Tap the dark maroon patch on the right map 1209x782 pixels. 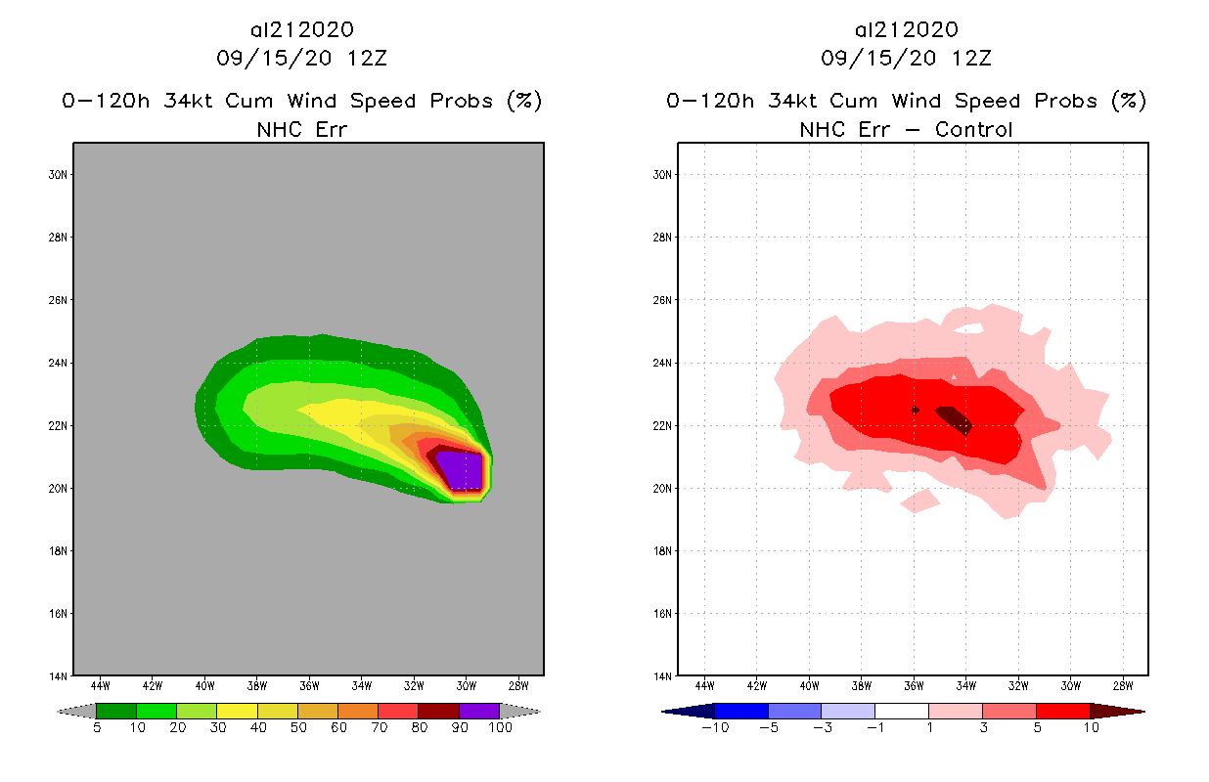tap(954, 418)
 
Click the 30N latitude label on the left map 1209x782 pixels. tap(60, 175)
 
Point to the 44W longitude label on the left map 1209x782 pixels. tap(101, 684)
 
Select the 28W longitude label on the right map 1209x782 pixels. tap(1123, 684)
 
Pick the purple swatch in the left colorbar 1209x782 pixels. tap(479, 712)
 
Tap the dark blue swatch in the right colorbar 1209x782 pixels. tap(741, 712)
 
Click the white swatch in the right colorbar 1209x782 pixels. tap(901, 712)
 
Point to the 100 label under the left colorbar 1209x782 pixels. tap(500, 728)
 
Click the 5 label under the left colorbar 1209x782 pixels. tap(97, 728)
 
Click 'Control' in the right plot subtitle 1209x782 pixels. tap(973, 129)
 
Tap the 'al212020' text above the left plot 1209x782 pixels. tap(301, 29)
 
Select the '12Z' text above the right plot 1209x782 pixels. tap(972, 58)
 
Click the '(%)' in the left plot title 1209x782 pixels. tap(524, 101)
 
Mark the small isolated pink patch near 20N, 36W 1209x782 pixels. tap(919, 501)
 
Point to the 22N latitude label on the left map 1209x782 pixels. tap(60, 426)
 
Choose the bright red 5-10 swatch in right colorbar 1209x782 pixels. tap(1061, 712)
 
